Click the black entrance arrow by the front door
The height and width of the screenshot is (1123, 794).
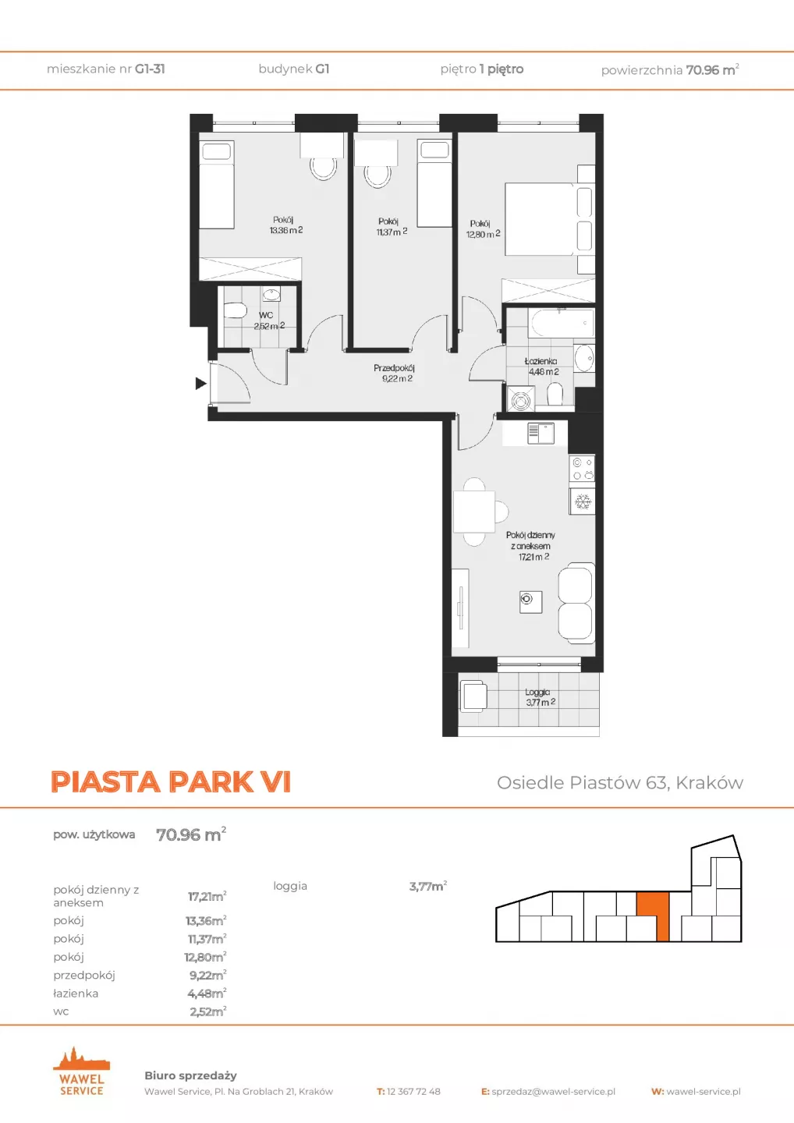pyautogui.click(x=200, y=384)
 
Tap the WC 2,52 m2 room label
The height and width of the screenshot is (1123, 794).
pyautogui.click(x=269, y=321)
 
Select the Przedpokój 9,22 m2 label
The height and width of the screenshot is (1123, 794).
pyautogui.click(x=395, y=374)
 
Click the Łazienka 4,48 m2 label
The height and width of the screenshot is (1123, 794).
pyautogui.click(x=541, y=367)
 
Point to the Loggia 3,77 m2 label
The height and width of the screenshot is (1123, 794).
pyautogui.click(x=540, y=697)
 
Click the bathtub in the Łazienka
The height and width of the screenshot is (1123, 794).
pyautogui.click(x=562, y=324)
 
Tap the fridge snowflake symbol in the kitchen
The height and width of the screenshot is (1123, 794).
pyautogui.click(x=583, y=501)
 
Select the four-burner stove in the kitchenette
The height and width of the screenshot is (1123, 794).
pyautogui.click(x=583, y=469)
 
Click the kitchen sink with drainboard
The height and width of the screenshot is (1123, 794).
pyautogui.click(x=541, y=434)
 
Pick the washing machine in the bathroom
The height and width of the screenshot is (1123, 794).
pyautogui.click(x=521, y=400)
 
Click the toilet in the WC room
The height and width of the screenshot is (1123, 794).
pyautogui.click(x=235, y=311)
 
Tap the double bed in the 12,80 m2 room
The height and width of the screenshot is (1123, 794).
pyautogui.click(x=549, y=220)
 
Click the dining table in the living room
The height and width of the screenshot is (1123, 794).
pyautogui.click(x=474, y=512)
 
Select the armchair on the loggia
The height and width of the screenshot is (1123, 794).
pyautogui.click(x=473, y=696)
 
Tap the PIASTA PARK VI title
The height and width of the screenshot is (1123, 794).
pyautogui.click(x=171, y=781)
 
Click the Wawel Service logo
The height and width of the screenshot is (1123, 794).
pyautogui.click(x=81, y=1072)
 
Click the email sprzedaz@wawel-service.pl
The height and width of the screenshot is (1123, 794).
pyautogui.click(x=554, y=1092)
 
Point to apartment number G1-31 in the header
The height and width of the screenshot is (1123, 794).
pyautogui.click(x=150, y=69)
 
